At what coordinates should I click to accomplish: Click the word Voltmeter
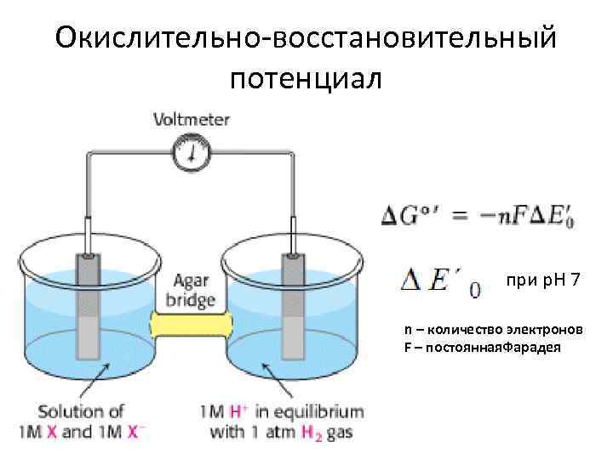click(191, 120)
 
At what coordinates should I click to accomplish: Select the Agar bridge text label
click(194, 289)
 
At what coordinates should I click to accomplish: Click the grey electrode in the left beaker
click(89, 314)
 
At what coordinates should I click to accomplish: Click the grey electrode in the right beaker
click(294, 314)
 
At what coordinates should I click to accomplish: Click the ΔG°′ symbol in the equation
click(406, 216)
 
